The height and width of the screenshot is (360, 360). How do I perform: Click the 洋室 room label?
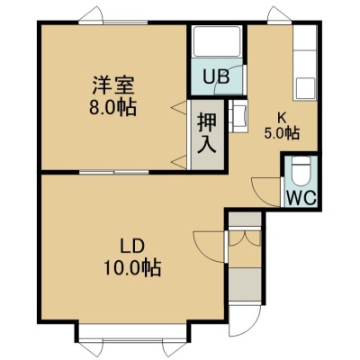point(112,85)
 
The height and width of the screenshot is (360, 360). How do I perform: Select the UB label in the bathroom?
point(216,76)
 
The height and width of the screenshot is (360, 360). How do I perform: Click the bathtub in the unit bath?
point(216,41)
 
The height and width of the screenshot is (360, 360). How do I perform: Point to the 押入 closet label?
point(207,134)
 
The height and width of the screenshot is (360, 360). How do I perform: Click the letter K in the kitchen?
point(282,118)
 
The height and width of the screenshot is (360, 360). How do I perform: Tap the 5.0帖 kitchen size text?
point(282,133)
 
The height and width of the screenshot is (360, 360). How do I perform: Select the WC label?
point(301,198)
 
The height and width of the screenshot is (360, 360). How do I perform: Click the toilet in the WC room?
point(301,171)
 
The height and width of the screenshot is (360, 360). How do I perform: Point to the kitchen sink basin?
point(306,88)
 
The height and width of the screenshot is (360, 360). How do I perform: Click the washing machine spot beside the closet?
point(238,116)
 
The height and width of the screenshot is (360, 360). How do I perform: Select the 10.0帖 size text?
point(132,267)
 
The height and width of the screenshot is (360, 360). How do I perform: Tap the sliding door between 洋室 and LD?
point(114,173)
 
